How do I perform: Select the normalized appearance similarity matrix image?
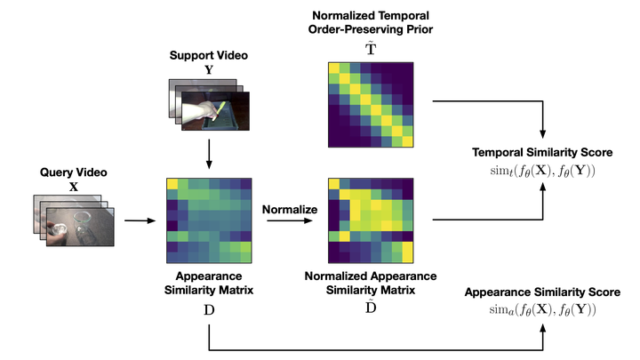coord(369,219)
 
